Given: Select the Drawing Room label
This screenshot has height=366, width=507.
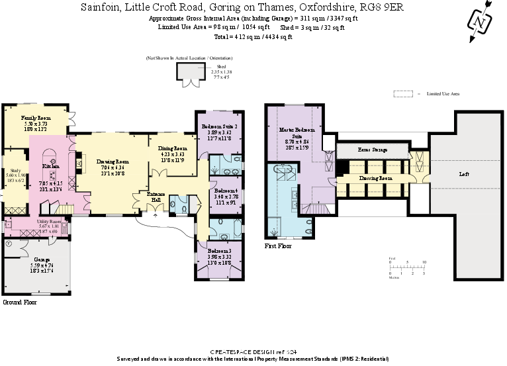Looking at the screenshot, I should pyautogui.click(x=113, y=161).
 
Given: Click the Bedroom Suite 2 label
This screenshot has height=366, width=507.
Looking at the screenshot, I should pyautogui.click(x=219, y=126).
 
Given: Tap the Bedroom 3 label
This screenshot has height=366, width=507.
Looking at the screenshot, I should pyautogui.click(x=218, y=252).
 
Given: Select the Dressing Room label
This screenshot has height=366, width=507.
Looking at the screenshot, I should pyautogui.click(x=376, y=178).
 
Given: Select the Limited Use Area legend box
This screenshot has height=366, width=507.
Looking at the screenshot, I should pyautogui.click(x=402, y=94).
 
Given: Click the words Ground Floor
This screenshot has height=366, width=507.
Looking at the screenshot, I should pyautogui.click(x=19, y=302).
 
